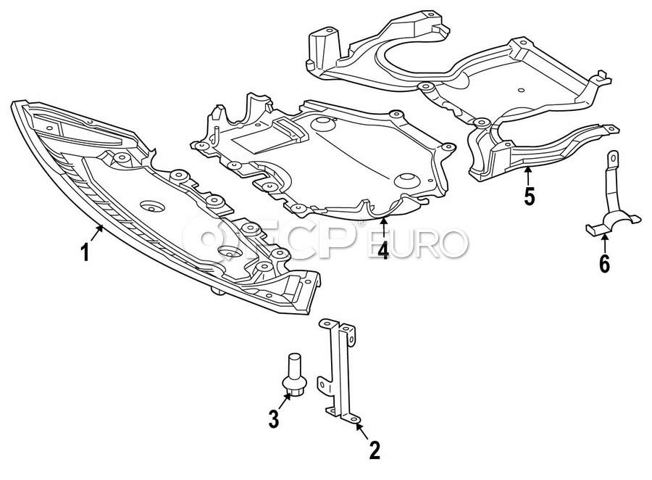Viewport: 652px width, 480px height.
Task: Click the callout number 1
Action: pos(85,254)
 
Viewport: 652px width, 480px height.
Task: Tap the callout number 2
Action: pos(375,451)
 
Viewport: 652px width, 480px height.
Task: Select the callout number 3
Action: pos(274,418)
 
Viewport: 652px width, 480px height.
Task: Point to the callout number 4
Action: pos(382,251)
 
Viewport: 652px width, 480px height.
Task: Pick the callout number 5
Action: pos(530,196)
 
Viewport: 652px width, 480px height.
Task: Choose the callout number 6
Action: pos(604,263)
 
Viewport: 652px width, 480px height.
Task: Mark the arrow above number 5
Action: pos(528,174)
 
